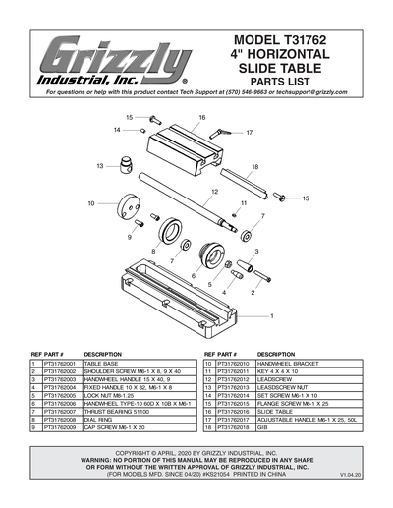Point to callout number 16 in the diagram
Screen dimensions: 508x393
tap(201, 117)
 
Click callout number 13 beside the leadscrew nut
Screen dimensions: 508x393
tap(99, 166)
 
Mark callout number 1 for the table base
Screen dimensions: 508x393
tap(272, 316)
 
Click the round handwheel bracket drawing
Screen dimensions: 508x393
tap(128, 211)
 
